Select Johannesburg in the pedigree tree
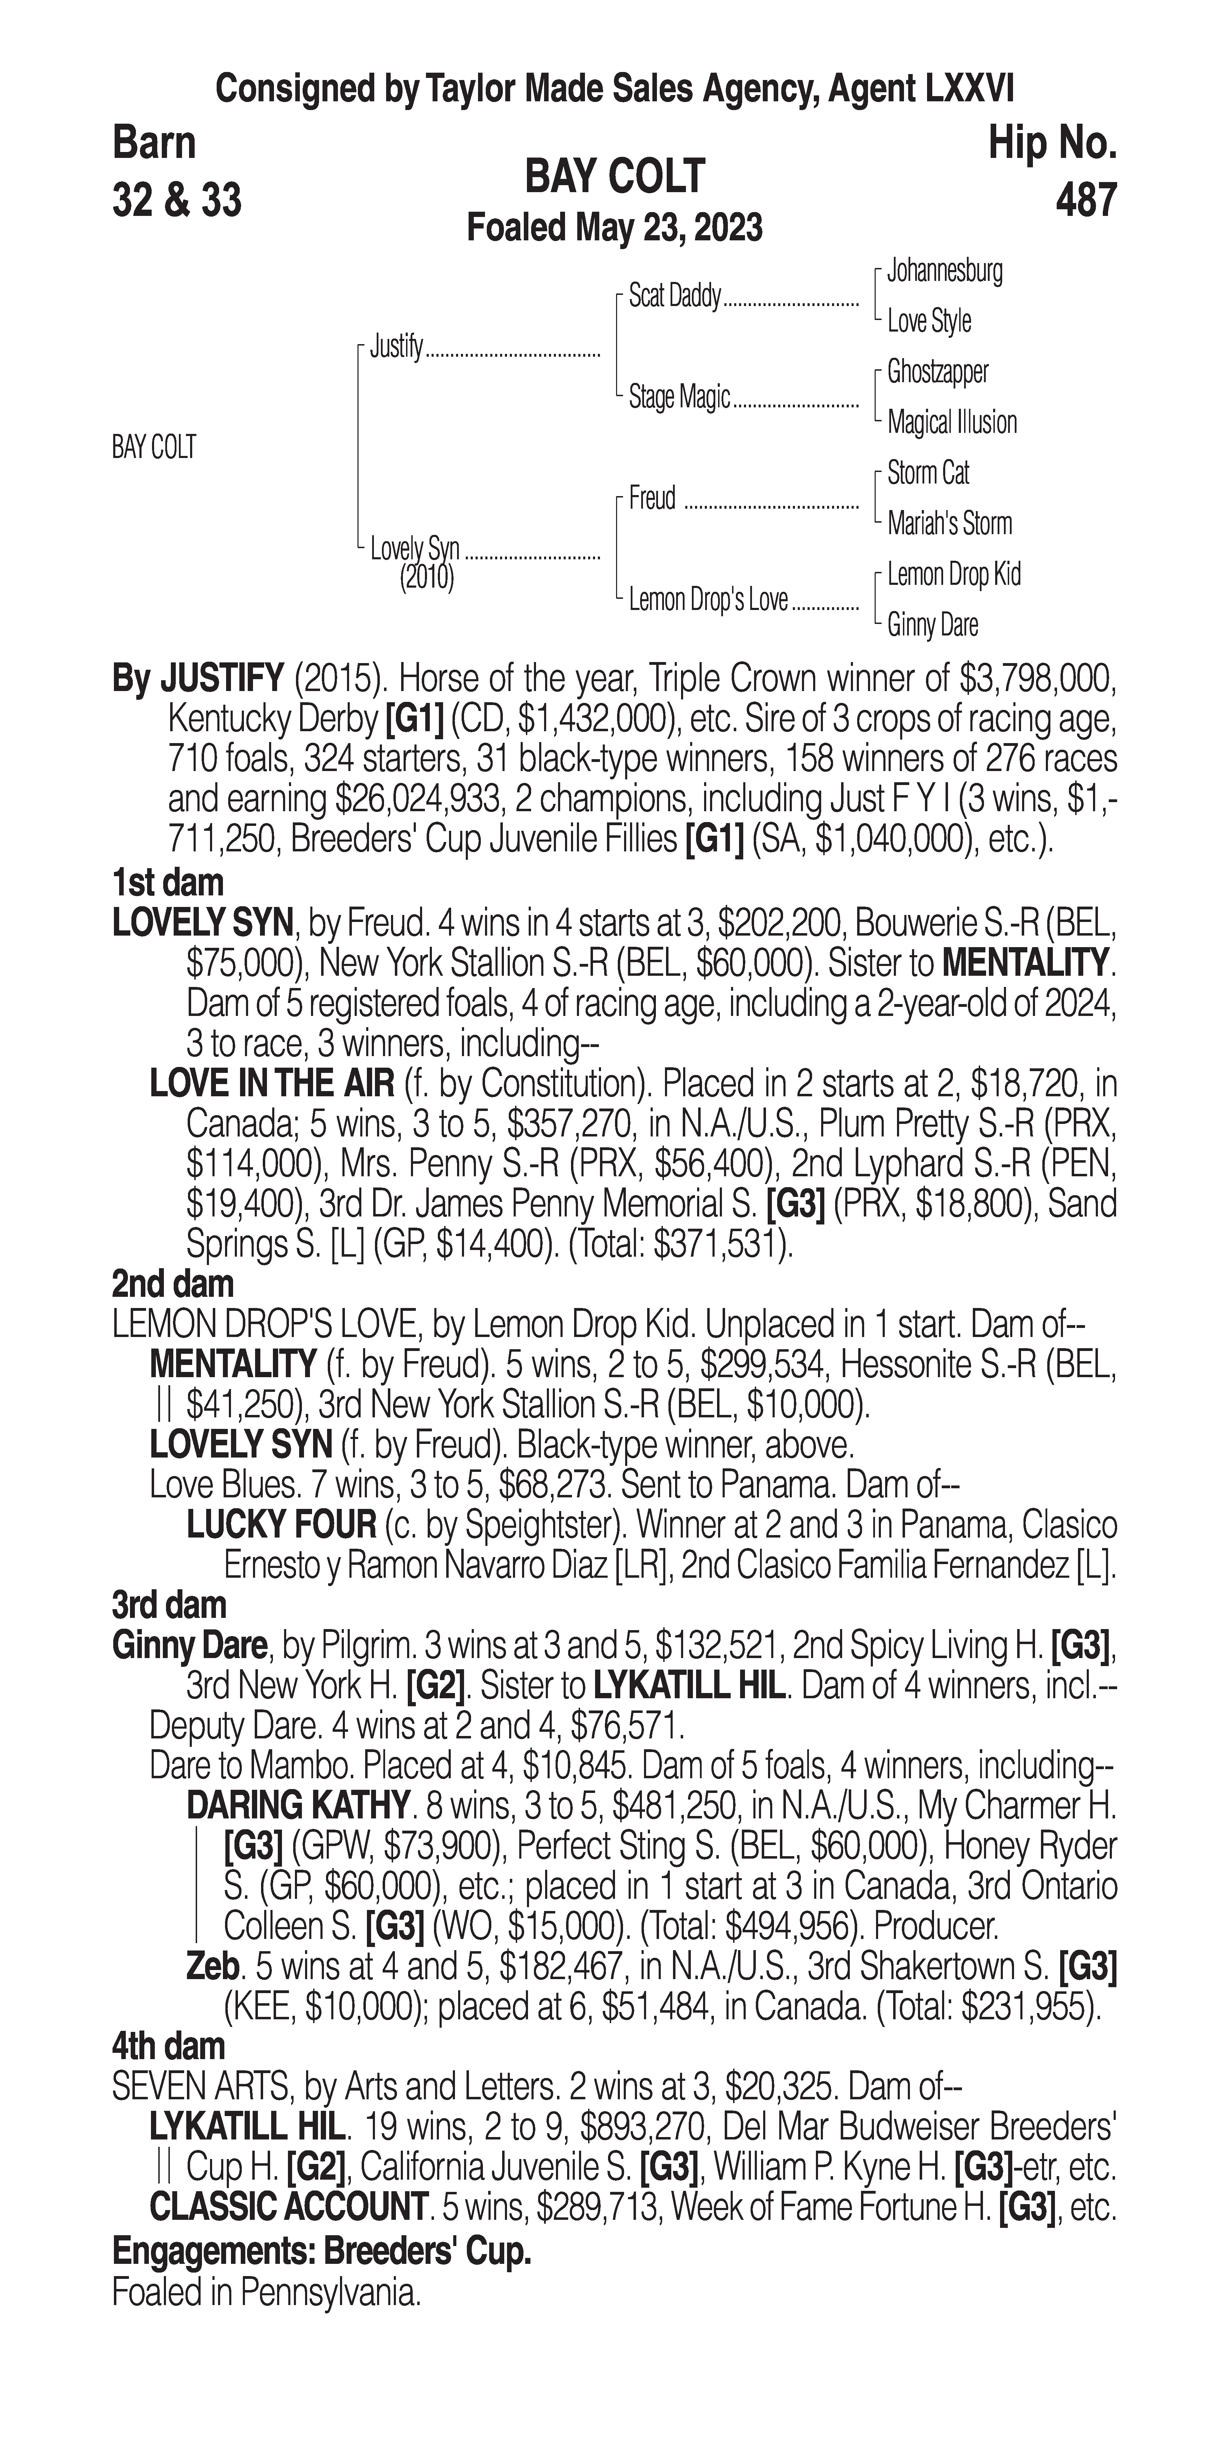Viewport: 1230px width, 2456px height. pos(944,271)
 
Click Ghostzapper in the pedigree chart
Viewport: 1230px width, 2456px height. pos(937,372)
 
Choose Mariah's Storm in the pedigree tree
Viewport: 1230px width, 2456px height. pos(949,523)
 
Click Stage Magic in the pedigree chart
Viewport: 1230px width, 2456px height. pos(679,397)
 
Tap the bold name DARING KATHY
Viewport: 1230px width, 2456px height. pos(297,1805)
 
